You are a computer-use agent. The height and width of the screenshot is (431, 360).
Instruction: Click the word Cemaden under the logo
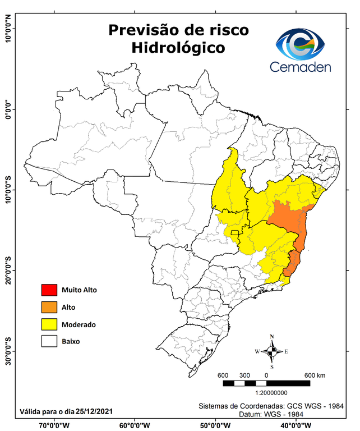(301, 67)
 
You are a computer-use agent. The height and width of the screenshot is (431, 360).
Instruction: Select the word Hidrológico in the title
(178, 48)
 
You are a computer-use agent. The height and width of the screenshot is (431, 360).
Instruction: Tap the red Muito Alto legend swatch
(49, 290)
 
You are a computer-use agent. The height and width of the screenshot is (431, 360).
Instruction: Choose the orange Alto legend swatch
(49, 307)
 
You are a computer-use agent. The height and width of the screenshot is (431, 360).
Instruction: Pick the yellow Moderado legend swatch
(49, 324)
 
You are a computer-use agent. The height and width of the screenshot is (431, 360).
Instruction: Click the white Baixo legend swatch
(49, 341)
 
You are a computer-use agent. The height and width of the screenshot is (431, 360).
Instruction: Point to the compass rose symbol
(272, 352)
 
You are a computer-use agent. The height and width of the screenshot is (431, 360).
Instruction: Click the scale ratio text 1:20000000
(271, 393)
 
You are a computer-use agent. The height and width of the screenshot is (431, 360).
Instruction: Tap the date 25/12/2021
(95, 411)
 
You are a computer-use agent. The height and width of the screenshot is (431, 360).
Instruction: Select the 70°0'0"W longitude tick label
(54, 425)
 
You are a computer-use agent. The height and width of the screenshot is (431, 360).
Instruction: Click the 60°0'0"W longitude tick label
(135, 425)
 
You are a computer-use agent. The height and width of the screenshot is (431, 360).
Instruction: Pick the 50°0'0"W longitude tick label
(215, 425)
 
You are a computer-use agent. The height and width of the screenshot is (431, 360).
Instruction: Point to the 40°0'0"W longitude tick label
(295, 425)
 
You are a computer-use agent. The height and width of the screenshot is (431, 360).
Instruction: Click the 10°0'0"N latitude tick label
(8, 28)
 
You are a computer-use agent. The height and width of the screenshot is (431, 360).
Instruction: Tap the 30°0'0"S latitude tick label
(8, 351)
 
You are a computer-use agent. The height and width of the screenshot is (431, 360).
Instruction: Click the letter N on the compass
(272, 337)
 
